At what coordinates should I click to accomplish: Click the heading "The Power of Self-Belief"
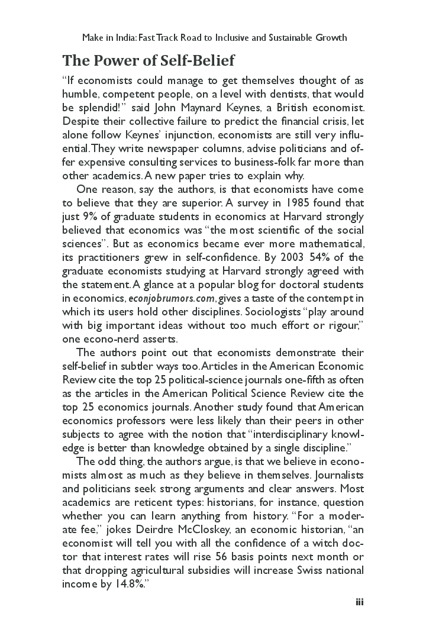(149, 60)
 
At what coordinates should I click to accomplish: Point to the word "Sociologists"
(256, 312)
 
